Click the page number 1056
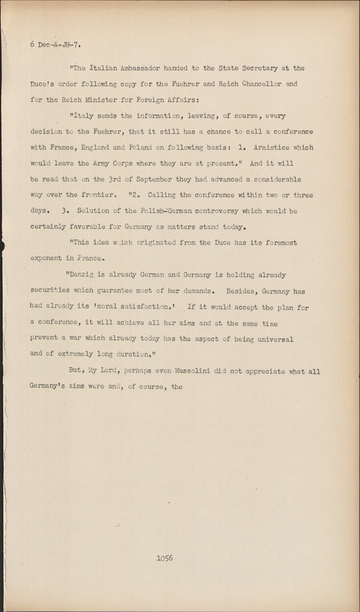164,558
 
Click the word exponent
47,259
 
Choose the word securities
51,290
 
